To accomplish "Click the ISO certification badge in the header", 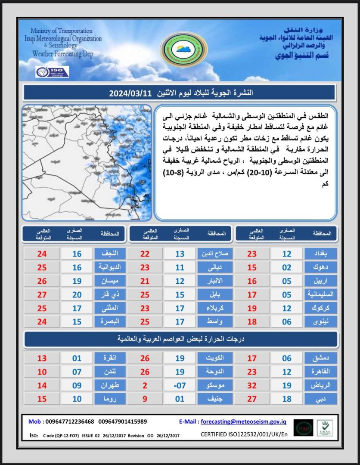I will (52, 72).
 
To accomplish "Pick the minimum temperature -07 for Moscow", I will (180, 386).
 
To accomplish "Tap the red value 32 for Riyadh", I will (251, 386).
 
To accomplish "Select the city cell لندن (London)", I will (109, 372).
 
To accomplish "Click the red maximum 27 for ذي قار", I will (42, 295).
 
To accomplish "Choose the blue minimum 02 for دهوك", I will (287, 267).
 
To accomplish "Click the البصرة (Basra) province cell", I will (109, 322).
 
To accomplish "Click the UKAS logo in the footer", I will (325, 428).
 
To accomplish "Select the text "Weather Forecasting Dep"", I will (63, 54).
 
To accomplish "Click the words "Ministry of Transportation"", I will (62, 31).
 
